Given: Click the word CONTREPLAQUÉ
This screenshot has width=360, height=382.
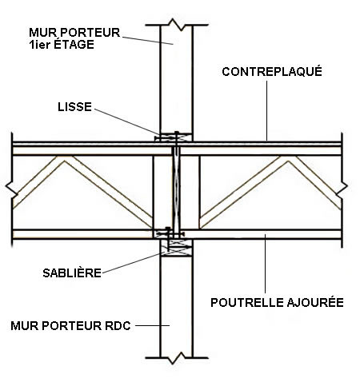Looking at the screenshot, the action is [x=272, y=71].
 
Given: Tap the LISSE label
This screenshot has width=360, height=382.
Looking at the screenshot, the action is [x=74, y=107].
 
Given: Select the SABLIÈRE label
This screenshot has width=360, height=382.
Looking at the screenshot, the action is [x=72, y=273].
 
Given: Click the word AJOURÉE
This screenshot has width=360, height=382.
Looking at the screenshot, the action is [x=315, y=302].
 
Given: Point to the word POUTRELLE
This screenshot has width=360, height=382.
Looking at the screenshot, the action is [x=247, y=303].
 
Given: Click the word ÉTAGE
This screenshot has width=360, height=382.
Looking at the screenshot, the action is [x=74, y=44].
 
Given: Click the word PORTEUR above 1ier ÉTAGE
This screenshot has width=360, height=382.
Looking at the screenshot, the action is [x=90, y=33].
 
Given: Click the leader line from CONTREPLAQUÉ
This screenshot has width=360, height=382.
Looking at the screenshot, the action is [x=266, y=110].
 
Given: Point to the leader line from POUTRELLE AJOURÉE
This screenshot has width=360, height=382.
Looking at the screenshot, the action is [x=265, y=264].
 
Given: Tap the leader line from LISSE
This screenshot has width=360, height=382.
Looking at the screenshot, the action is [x=127, y=121].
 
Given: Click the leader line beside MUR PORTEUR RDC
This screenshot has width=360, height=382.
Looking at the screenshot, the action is [x=152, y=325].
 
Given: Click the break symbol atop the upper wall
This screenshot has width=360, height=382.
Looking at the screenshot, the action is [x=176, y=25].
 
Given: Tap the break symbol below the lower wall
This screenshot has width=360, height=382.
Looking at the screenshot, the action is [x=177, y=358].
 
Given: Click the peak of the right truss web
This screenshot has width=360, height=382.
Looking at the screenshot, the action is [x=288, y=158].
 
